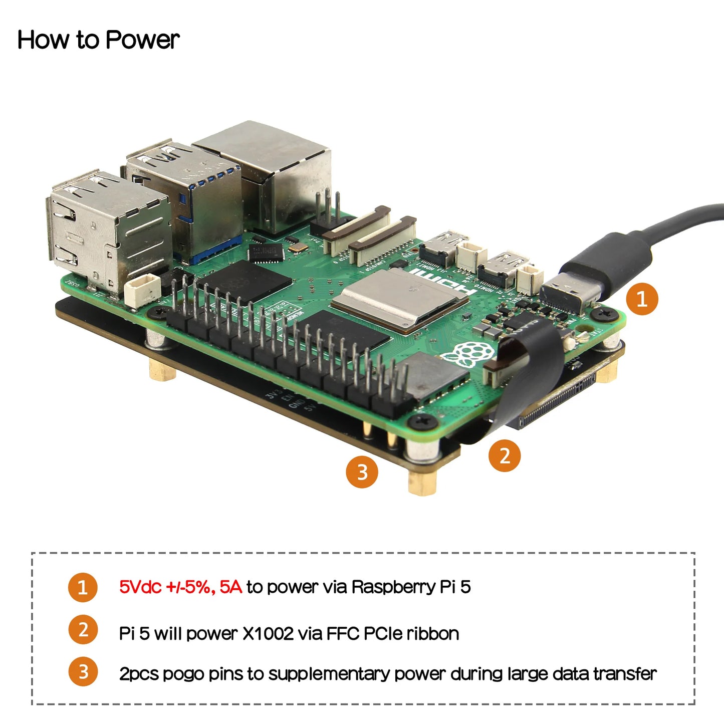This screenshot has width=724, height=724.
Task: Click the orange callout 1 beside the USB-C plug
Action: (642, 299)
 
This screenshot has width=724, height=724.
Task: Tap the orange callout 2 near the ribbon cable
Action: (505, 455)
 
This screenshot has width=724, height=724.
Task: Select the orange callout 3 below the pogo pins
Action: (362, 472)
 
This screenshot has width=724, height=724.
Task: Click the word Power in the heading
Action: (142, 40)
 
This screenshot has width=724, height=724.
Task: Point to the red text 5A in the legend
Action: (230, 587)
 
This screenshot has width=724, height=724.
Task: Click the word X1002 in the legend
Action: (268, 634)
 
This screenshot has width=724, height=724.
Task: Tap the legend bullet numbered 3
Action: (83, 672)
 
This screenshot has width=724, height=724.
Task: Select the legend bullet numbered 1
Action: (83, 587)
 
